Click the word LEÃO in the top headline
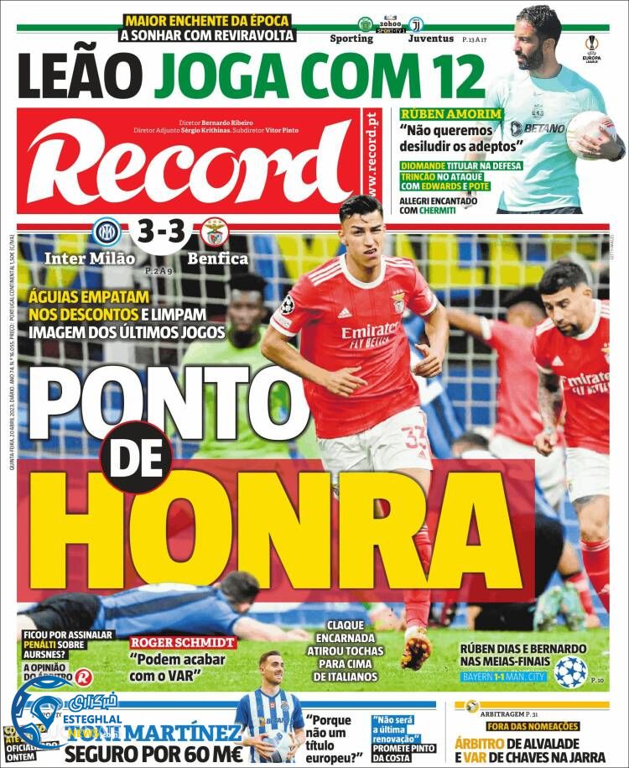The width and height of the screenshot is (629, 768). [80, 76]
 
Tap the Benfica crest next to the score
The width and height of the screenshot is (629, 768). [212, 231]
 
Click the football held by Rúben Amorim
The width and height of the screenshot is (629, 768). [590, 135]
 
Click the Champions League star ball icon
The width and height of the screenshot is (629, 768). [570, 671]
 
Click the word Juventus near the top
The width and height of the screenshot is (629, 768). [431, 39]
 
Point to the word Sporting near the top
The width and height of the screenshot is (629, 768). [351, 39]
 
